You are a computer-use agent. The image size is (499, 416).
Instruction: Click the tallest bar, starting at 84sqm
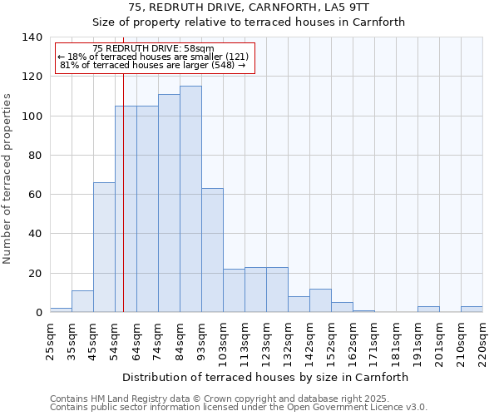click(190, 200)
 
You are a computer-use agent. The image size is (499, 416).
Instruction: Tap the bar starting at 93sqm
click(212, 250)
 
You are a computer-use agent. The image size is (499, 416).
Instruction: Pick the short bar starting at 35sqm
click(82, 301)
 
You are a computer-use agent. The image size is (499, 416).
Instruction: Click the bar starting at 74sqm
click(169, 204)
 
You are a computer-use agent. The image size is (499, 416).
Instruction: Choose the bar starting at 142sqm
click(320, 300)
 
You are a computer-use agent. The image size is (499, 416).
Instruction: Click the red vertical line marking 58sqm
click(123, 208)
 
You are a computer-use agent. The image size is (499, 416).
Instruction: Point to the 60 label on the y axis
click(36, 195)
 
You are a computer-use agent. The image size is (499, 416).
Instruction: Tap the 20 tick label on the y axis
click(36, 274)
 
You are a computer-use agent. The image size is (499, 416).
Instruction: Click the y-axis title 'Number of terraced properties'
click(7, 179)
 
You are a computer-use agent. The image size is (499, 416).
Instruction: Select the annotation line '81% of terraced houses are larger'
click(154, 65)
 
